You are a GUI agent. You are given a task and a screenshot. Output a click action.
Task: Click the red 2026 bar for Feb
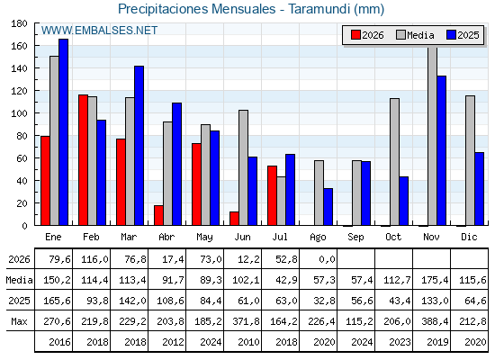83,160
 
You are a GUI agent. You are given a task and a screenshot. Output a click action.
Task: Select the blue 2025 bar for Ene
63,132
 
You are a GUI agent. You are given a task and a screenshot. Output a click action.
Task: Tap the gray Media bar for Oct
394,162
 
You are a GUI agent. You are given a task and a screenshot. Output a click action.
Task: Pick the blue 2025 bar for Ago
328,207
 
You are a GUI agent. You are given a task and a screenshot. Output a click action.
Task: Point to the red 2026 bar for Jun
234,218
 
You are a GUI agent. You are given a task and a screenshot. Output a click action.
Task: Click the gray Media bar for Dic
470,160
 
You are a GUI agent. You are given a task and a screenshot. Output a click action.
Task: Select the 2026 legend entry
367,35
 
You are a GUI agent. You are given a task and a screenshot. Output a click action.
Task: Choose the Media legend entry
415,35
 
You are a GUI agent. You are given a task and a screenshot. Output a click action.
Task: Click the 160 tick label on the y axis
18,46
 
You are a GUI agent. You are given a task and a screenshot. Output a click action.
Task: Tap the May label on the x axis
204,238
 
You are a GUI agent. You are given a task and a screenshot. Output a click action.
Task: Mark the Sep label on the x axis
355,238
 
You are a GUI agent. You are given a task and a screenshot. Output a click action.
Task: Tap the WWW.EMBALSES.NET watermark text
99,31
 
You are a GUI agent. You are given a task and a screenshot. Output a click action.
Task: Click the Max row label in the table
19,321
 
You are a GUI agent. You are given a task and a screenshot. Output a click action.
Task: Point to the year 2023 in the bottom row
400,342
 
